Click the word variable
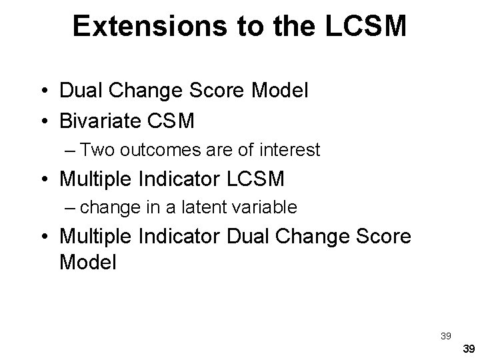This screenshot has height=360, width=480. (x=263, y=207)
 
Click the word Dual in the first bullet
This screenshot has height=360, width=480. (x=81, y=91)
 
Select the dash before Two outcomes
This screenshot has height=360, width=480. (x=71, y=151)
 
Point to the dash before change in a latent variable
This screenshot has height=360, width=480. (x=71, y=208)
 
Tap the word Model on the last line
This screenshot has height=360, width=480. (x=87, y=262)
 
